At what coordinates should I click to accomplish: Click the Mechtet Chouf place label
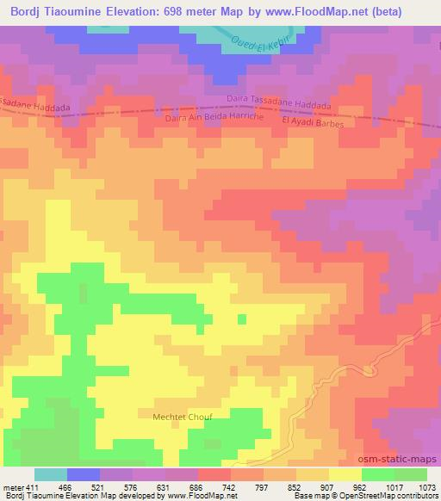click(x=182, y=416)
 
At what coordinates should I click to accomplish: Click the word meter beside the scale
click(x=13, y=487)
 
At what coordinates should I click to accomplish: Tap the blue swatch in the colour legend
click(x=84, y=474)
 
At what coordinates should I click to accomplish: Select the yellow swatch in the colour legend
click(x=345, y=474)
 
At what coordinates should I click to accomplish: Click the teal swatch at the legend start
click(x=51, y=474)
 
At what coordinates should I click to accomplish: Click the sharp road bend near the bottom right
click(x=370, y=369)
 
